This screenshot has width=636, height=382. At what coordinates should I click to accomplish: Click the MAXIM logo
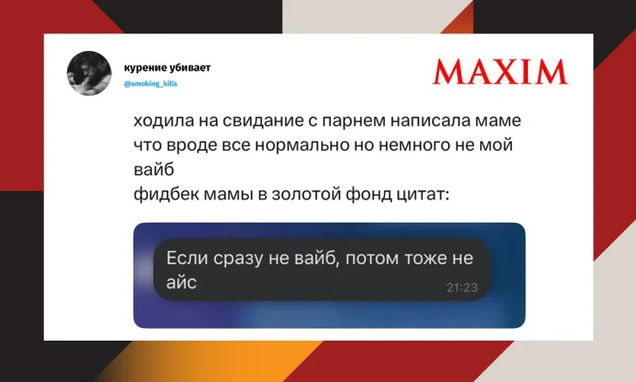(500, 72)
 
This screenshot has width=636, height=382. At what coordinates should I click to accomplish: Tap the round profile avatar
(89, 73)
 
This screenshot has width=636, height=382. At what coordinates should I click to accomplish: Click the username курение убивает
(168, 68)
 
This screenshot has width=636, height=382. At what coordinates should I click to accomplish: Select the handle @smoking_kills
(151, 83)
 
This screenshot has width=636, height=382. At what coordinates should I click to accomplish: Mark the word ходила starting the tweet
(162, 125)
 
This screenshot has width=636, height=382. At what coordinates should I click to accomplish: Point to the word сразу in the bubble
(237, 259)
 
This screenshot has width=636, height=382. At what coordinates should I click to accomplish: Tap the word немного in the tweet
(420, 146)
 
